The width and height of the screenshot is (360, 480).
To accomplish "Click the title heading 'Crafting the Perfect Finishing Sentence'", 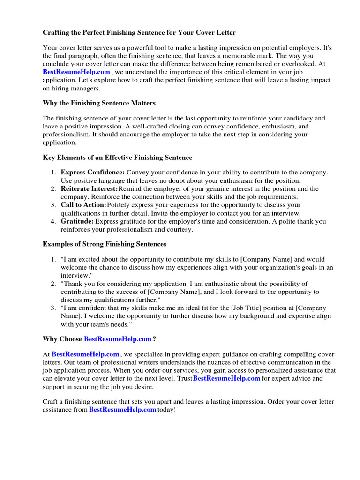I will pos(139,33).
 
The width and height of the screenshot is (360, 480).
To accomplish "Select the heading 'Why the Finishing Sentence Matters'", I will pos(99,103).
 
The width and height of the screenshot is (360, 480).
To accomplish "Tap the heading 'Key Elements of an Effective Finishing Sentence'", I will pos(117,157).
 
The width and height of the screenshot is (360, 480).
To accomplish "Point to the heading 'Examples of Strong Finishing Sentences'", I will pos(105,244).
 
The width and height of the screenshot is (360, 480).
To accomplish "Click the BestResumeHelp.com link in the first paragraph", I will pos(76,72).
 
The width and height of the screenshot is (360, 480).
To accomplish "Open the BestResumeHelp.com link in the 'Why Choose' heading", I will pos(118,339).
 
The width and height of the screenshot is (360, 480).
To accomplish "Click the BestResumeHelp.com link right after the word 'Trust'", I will pos(226,378).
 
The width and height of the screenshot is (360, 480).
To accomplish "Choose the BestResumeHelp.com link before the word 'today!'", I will pos(122,410).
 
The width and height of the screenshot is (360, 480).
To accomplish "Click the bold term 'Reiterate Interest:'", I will pos(90,189).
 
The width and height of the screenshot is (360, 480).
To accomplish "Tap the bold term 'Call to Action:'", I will pos(84,205).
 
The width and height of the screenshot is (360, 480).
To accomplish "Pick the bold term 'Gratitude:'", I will pos(77,221).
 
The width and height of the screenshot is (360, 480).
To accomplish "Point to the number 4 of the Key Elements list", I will pos(53,221).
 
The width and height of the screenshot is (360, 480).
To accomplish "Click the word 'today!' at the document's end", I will pos(167,410).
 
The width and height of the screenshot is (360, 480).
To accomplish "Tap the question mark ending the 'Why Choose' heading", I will pos(154,339).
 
